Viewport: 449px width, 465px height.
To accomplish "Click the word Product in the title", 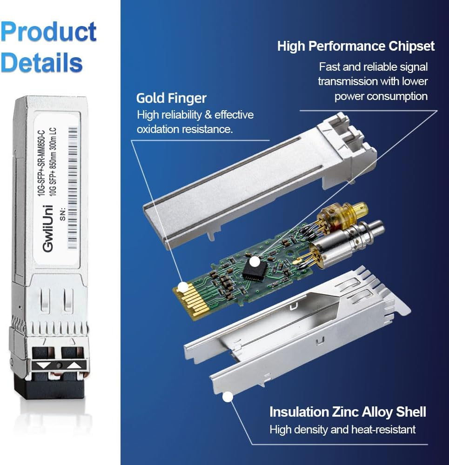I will click(48, 32).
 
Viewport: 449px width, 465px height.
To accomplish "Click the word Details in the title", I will click(41, 62).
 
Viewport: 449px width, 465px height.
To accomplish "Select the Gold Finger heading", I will click(171, 98).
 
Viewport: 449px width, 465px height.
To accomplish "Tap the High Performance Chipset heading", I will click(356, 46).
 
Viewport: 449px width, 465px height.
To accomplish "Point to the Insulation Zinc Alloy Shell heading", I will click(348, 412).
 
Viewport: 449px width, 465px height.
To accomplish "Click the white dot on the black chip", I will click(254, 262).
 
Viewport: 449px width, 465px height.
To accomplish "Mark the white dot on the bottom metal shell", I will click(228, 397).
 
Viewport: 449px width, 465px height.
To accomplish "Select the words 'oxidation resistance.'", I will click(184, 129).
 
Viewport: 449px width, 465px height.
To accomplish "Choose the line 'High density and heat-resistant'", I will click(342, 429).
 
